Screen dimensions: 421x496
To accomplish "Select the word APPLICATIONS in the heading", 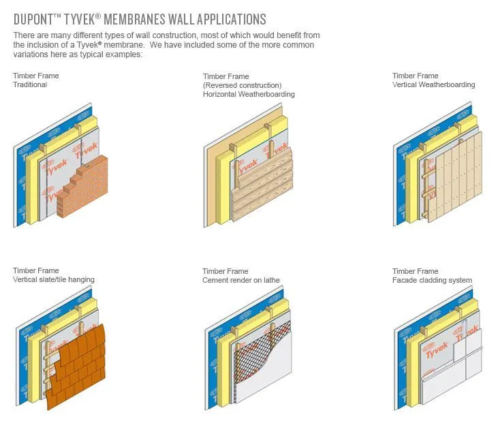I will pyautogui.click(x=228, y=18).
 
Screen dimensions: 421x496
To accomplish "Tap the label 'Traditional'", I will pyautogui.click(x=30, y=84).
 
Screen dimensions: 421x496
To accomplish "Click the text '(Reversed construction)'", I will pyautogui.click(x=242, y=85).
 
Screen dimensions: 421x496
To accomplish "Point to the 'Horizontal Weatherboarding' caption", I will pyautogui.click(x=249, y=94).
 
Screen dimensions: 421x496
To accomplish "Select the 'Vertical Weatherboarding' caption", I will pyautogui.click(x=433, y=84).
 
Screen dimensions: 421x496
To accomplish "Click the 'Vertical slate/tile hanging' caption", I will pyautogui.click(x=54, y=279).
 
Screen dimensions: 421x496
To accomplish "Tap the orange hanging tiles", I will pyautogui.click(x=78, y=368).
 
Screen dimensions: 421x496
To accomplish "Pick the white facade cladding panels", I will pyautogui.click(x=453, y=381).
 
